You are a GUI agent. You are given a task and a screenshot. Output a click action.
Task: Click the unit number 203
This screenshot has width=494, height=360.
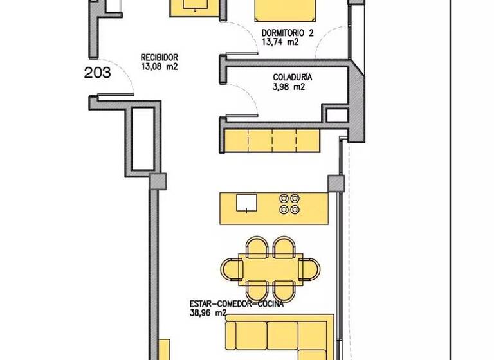(x=98, y=73)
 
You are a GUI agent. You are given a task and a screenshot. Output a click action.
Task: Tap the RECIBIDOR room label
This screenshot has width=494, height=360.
(x=159, y=57)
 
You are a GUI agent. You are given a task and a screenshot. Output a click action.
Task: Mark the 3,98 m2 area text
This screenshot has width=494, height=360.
(x=288, y=88)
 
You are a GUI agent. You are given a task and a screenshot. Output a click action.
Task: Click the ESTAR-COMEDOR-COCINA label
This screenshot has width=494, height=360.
(x=236, y=303)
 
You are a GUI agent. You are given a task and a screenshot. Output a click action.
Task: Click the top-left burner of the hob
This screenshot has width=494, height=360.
(x=283, y=198)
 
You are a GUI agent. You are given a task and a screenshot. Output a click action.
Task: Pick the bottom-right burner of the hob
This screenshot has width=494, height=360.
(x=295, y=209)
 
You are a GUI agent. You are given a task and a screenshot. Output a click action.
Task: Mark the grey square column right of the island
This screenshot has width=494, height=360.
(x=334, y=184)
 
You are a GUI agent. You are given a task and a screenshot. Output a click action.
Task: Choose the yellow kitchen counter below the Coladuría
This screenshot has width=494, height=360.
(x=272, y=139)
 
